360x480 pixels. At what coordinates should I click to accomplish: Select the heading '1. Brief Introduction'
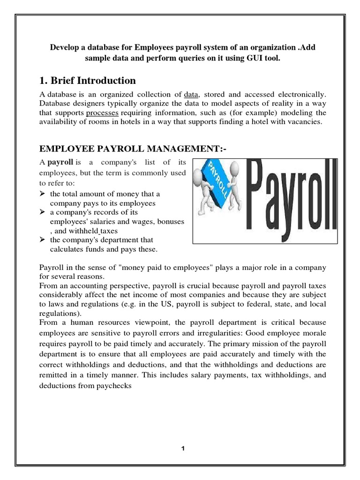tap(86, 80)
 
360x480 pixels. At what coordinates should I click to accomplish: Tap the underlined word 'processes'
tap(103, 113)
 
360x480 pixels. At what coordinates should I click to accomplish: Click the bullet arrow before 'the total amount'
tap(42, 194)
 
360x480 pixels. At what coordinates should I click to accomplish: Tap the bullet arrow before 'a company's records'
tap(42, 212)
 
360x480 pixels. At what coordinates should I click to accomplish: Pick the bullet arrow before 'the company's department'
tap(42, 240)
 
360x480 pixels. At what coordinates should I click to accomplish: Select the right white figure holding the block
tap(237, 197)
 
